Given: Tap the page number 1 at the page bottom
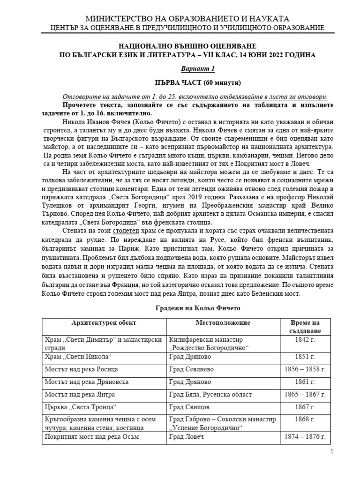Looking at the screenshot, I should pos(331,452).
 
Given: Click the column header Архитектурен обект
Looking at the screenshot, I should pos(104,323).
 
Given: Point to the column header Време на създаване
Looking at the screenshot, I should pos(305,327).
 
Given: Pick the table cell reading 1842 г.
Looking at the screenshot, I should pos(305,339).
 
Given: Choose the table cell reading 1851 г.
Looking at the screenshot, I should pos(305,356).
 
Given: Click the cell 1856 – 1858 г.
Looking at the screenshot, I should pos(305,369).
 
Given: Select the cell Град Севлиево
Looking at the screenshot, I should pos(190,369).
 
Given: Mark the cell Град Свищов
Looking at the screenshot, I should pos(188,407).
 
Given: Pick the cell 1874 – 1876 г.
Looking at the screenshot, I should pos(305,437).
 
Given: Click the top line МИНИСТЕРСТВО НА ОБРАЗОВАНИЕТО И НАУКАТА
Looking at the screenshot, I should pos(187,19).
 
